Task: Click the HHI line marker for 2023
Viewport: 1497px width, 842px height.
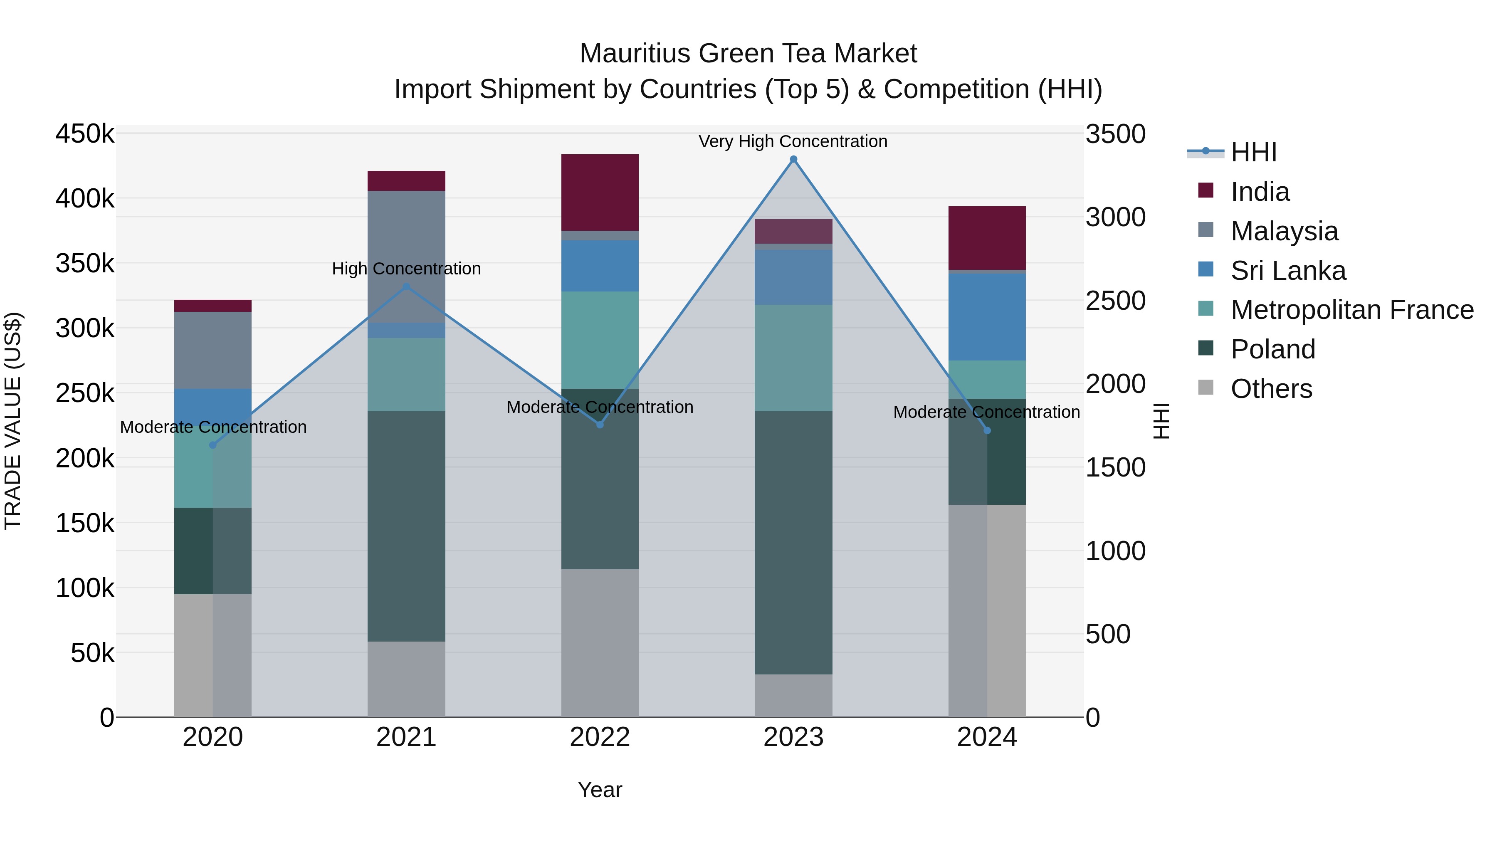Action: [x=793, y=159]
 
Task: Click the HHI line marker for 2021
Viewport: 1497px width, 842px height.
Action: [x=406, y=286]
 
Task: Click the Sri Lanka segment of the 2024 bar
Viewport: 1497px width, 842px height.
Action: [x=987, y=317]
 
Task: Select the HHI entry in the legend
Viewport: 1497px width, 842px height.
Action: [x=1253, y=152]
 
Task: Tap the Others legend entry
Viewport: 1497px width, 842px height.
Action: [x=1271, y=389]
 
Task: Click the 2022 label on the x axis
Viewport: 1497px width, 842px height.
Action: [x=600, y=737]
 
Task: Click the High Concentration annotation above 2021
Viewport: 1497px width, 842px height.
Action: [x=406, y=269]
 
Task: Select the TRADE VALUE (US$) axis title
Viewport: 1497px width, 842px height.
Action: [x=13, y=421]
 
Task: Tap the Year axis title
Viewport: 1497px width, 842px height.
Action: [x=600, y=790]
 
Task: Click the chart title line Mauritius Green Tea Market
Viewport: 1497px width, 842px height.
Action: [x=748, y=54]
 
